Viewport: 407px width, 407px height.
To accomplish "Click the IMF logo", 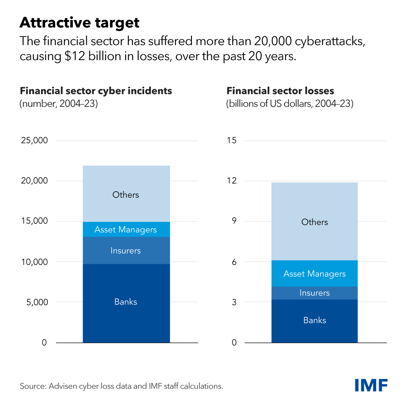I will [x=371, y=385].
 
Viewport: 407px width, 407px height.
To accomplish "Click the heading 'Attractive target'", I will [x=79, y=23].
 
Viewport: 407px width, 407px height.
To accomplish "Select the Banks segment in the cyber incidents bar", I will [x=126, y=302].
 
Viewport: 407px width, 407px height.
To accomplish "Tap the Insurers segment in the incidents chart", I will [x=126, y=251].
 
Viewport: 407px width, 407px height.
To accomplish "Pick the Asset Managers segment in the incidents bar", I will [x=126, y=230].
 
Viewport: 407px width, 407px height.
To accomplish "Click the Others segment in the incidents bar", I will [x=126, y=194].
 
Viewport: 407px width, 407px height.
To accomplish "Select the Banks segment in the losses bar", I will [x=314, y=321].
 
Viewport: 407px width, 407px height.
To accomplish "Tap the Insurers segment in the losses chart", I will [x=314, y=293].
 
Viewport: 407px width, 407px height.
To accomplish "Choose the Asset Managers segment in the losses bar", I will [x=314, y=274].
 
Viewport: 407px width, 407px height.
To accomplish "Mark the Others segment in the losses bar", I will [x=314, y=222].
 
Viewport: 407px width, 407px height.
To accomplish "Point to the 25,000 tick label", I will [x=34, y=140].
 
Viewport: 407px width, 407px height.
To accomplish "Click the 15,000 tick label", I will [x=34, y=221].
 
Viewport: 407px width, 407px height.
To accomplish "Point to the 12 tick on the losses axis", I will [x=232, y=181].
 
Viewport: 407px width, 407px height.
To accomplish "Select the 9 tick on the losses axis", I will [x=234, y=221].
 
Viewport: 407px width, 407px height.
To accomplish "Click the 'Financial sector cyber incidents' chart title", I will [x=96, y=91].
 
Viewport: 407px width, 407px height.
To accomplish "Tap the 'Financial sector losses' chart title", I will [x=280, y=91].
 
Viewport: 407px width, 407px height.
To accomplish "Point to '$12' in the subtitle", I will [x=75, y=56].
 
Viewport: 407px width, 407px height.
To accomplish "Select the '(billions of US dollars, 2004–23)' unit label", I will [x=290, y=103].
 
